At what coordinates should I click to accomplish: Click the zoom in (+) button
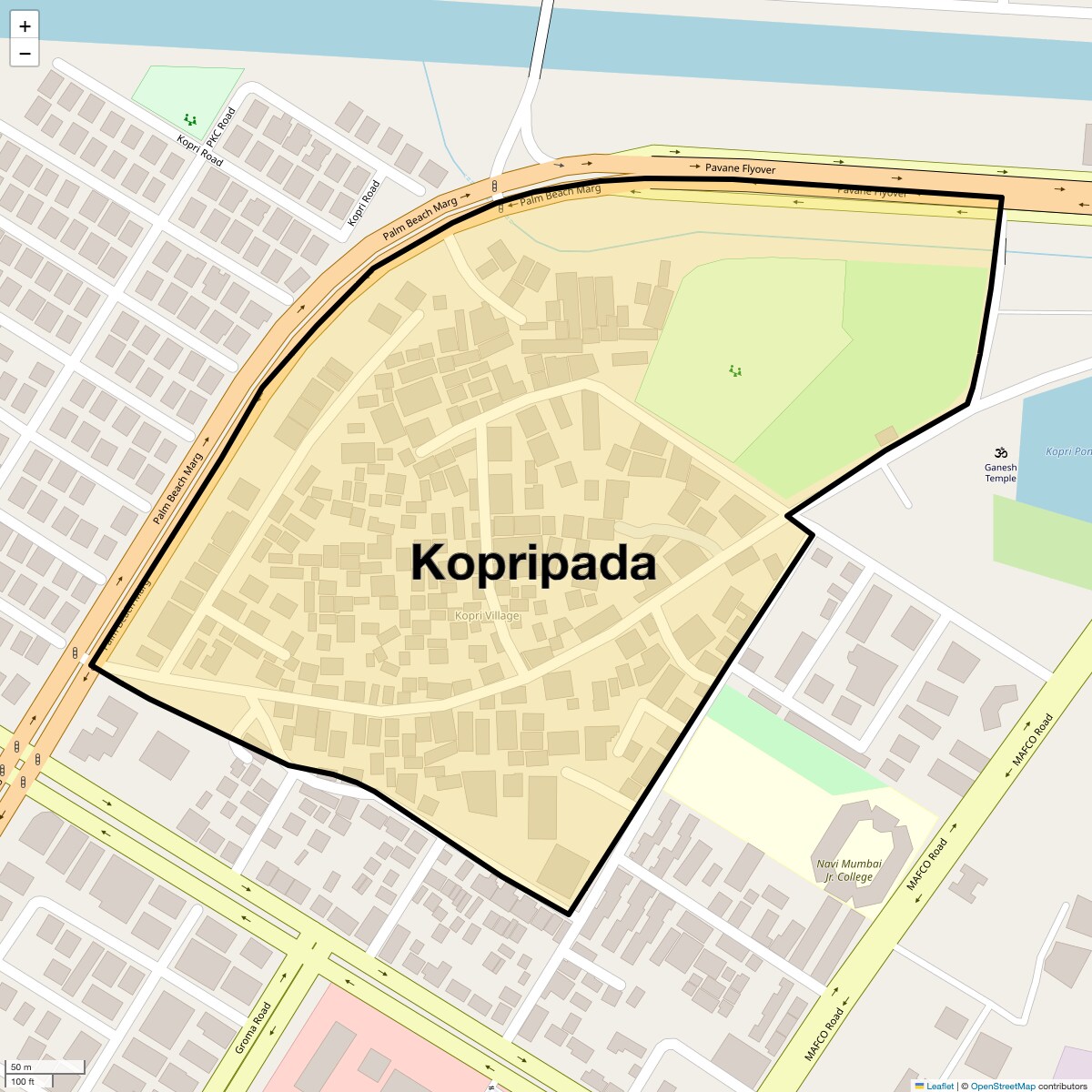(x=25, y=26)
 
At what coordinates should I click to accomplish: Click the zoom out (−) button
(x=25, y=54)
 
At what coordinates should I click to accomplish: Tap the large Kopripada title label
(x=533, y=562)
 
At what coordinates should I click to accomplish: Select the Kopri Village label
(x=487, y=616)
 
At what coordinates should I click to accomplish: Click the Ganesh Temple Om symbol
(x=1000, y=452)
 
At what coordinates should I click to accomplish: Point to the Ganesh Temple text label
(x=1000, y=472)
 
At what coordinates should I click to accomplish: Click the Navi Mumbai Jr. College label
(x=848, y=871)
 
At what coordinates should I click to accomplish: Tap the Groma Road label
(x=253, y=1028)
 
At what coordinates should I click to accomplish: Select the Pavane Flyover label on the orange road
(x=740, y=168)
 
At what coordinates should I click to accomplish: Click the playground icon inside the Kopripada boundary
(x=734, y=370)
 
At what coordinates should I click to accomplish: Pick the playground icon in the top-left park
(x=189, y=119)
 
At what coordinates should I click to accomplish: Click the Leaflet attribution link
(x=939, y=1086)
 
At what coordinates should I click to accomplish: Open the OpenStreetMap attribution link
(x=1002, y=1086)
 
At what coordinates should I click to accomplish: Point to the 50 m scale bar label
(x=21, y=1067)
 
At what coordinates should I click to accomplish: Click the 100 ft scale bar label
(x=23, y=1081)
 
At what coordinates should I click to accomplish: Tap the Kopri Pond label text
(x=1067, y=451)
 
